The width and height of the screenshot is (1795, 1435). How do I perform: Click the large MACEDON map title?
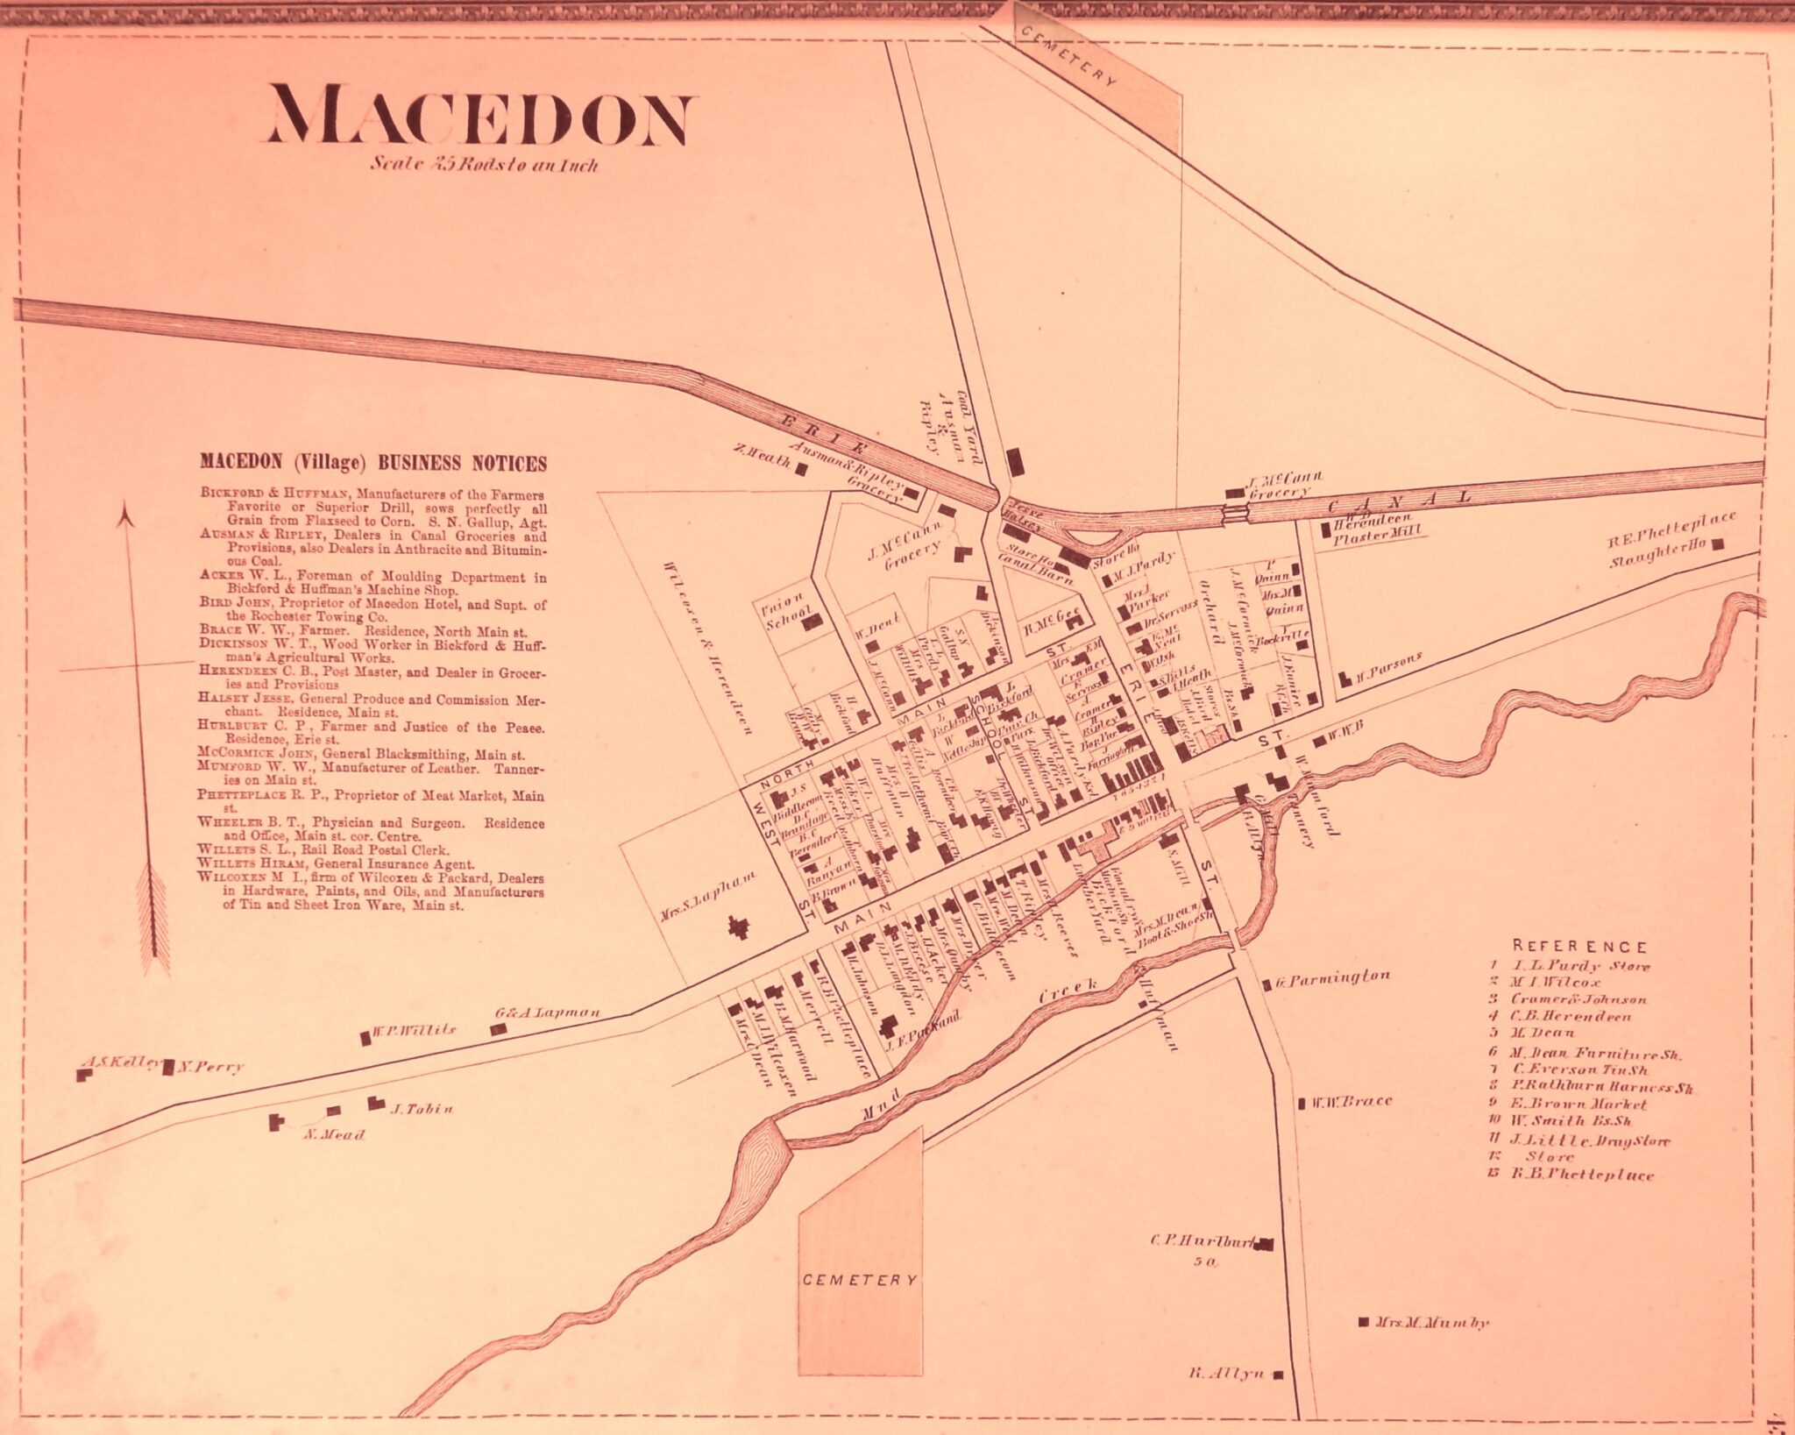[x=479, y=116]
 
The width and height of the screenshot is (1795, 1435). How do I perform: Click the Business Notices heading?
[x=373, y=464]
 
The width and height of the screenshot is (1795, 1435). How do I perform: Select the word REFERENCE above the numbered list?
[x=1579, y=947]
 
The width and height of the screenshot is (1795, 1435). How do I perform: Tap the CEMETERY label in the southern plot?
[x=860, y=1280]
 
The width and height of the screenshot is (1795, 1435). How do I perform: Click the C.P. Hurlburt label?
[x=1203, y=1241]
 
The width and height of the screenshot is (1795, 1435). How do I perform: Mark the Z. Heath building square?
[x=800, y=469]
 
